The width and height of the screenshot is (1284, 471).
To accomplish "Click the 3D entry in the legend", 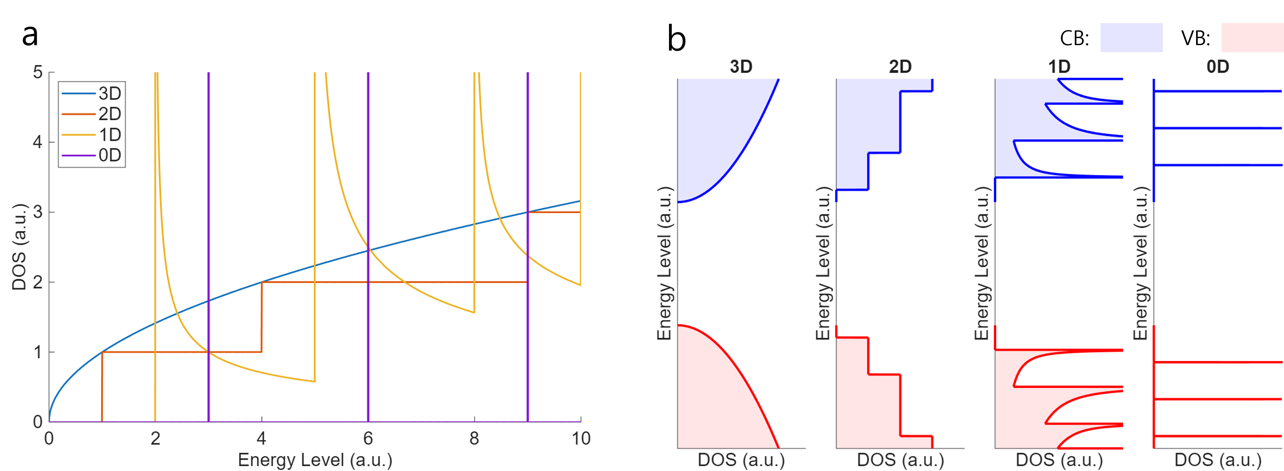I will pyautogui.click(x=110, y=93).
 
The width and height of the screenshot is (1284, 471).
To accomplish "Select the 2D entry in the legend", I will pyautogui.click(x=110, y=114).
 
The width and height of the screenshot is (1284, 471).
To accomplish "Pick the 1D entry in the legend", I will pyautogui.click(x=110, y=135).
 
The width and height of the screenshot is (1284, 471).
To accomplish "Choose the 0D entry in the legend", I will pyautogui.click(x=110, y=156).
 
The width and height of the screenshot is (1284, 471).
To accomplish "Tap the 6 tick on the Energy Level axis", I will pyautogui.click(x=368, y=439).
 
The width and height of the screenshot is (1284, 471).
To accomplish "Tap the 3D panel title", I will pyautogui.click(x=741, y=67).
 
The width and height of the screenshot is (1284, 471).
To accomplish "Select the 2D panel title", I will pyautogui.click(x=900, y=67).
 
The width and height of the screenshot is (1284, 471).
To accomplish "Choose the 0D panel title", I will pyautogui.click(x=1218, y=67).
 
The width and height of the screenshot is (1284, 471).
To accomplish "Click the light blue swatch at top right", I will pyautogui.click(x=1132, y=37).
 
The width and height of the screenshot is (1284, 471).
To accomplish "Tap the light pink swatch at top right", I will pyautogui.click(x=1252, y=37).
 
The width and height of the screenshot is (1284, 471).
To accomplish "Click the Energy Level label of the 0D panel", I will pyautogui.click(x=1140, y=263).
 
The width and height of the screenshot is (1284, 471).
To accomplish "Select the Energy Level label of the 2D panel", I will pyautogui.click(x=823, y=263).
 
